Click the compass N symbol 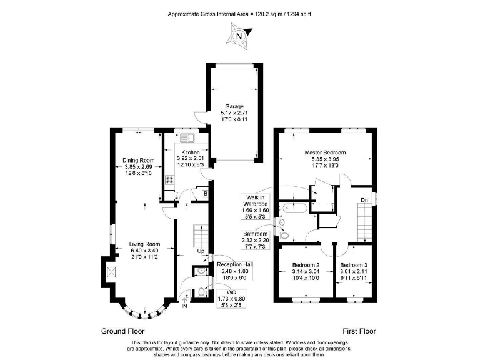[239, 36]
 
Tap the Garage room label [235, 107]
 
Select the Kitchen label [191, 152]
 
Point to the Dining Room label [138, 160]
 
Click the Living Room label [145, 244]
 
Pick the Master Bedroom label [325, 152]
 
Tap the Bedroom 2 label [306, 265]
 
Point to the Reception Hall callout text [232, 265]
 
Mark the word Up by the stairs [201, 251]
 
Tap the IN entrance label [184, 306]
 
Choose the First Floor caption [359, 331]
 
